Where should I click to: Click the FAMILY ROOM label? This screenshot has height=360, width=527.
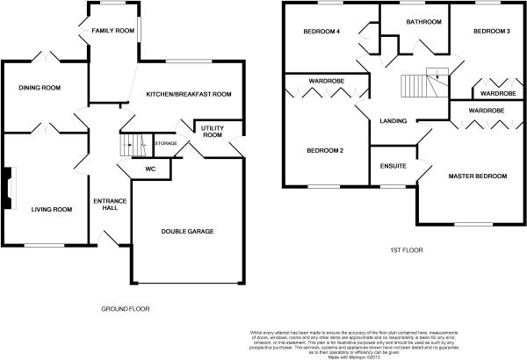(x=112, y=32)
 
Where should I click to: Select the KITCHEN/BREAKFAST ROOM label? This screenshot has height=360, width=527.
(x=188, y=94)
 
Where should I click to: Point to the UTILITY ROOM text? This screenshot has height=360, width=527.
(x=213, y=131)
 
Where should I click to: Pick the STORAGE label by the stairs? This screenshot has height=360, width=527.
(x=165, y=143)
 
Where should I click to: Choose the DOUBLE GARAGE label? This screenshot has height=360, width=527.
(x=187, y=232)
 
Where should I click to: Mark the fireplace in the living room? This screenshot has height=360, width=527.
(x=8, y=189)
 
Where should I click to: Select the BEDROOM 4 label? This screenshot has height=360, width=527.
(x=321, y=32)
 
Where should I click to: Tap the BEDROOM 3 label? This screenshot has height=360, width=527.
(x=491, y=32)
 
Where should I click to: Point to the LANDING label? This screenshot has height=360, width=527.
(x=393, y=120)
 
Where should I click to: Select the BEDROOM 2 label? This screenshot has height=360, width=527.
(x=324, y=150)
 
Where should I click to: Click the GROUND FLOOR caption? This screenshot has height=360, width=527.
(x=125, y=309)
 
